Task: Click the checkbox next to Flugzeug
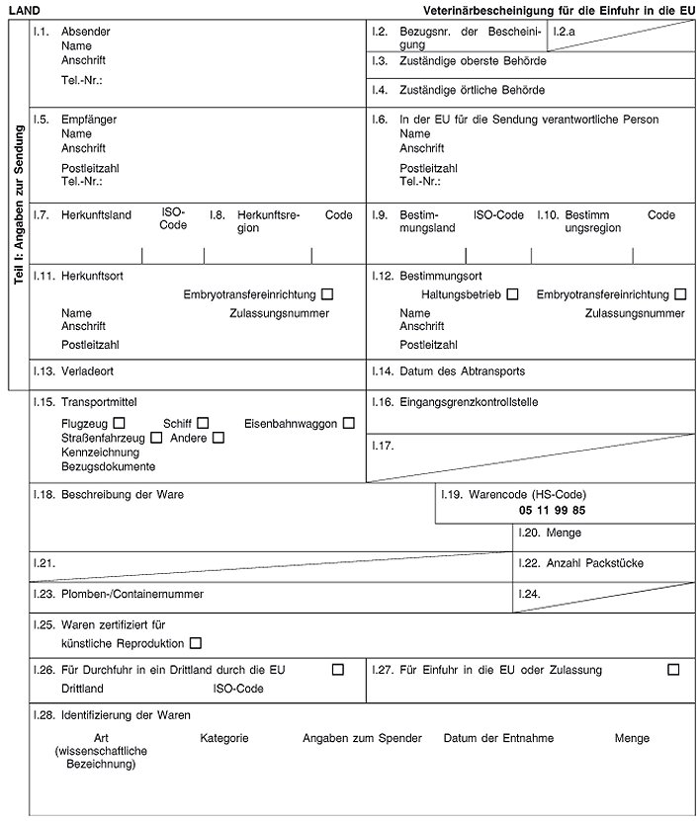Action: tap(119, 423)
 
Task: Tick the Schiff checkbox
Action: tap(203, 423)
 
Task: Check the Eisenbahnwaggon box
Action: tap(349, 423)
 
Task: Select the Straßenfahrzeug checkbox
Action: tap(155, 438)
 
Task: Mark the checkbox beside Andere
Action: tap(219, 438)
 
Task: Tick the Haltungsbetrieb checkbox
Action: tap(512, 294)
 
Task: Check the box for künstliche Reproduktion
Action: tap(195, 644)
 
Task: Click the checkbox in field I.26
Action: tap(338, 670)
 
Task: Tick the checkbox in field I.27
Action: tap(673, 670)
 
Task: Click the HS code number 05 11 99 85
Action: tap(552, 510)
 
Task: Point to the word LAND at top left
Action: tap(25, 9)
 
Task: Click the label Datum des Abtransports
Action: tap(462, 371)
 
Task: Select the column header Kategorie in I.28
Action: tap(223, 738)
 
